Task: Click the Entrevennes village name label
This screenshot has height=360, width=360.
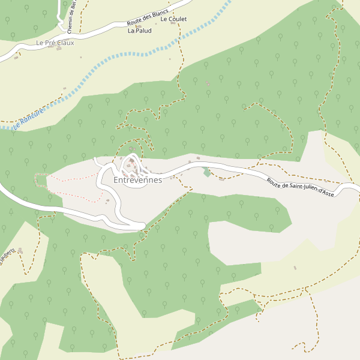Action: click(x=137, y=180)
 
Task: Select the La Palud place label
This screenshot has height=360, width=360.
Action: click(x=139, y=31)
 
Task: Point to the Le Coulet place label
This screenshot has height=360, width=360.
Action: click(x=174, y=19)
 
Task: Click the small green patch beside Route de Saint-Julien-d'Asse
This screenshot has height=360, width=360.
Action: click(x=207, y=172)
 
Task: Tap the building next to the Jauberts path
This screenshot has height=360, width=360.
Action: click(x=20, y=250)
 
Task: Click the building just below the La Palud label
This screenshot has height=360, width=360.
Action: click(x=138, y=26)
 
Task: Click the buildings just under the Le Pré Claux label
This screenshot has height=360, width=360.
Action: click(x=59, y=49)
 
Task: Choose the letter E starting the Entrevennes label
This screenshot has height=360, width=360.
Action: click(x=116, y=180)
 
